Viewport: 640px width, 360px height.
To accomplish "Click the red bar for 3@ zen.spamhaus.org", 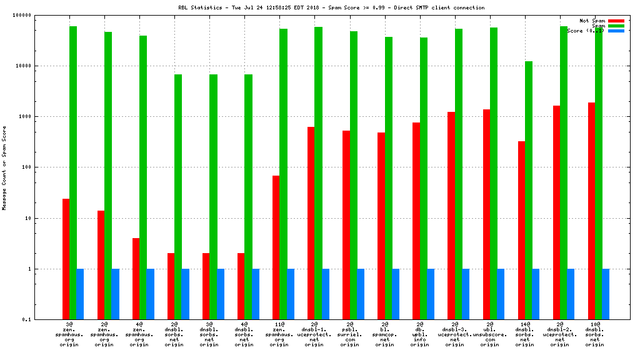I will click(66, 259).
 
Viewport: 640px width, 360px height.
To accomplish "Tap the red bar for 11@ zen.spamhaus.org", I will click(276, 247).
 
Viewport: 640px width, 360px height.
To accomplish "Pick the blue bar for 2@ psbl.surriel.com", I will click(361, 294).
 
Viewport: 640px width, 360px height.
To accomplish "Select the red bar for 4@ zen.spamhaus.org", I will click(136, 279).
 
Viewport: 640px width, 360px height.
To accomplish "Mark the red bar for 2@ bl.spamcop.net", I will click(381, 226).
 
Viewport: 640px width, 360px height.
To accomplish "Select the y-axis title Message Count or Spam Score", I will click(5, 167).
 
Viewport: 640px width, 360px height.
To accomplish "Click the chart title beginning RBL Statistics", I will click(331, 7).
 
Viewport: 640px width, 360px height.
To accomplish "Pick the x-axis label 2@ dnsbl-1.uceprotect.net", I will click(314, 334).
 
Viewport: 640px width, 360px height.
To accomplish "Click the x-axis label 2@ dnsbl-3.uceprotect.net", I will click(454, 334).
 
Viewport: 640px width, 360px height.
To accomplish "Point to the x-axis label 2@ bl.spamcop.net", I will click(384, 334).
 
